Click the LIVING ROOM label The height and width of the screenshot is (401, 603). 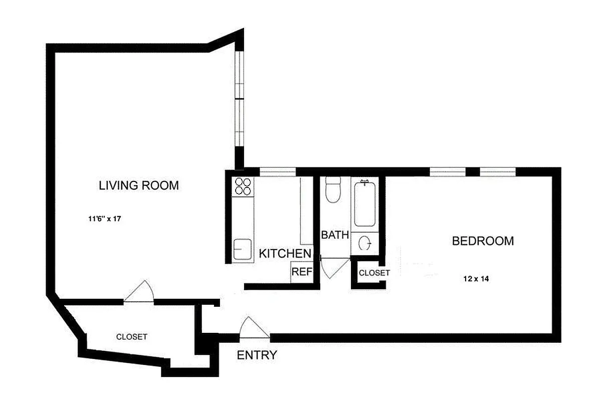[x=138, y=185]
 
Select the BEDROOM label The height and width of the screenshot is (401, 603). [x=483, y=241]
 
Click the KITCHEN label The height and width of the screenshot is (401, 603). [x=285, y=254]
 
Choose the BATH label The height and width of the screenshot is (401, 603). [x=334, y=235]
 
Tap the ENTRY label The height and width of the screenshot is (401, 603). [x=257, y=355]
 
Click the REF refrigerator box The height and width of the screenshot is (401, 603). [x=302, y=272]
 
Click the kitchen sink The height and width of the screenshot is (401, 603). [x=243, y=249]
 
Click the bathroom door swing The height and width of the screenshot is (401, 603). [x=332, y=267]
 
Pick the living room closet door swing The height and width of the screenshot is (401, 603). [x=139, y=292]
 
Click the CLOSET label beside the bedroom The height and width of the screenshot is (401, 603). [x=374, y=273]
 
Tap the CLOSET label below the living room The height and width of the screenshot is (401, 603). [x=131, y=337]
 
